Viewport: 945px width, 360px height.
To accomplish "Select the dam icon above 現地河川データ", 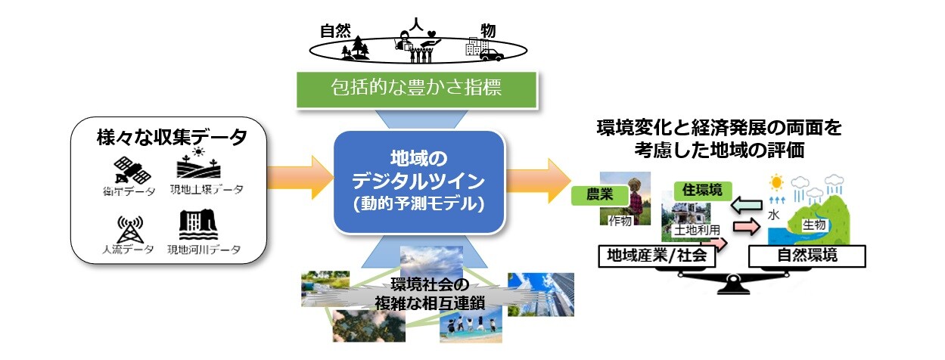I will [x=199, y=224].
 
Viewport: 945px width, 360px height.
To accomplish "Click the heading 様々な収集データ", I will [x=172, y=138].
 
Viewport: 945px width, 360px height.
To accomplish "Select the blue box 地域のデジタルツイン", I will [x=418, y=181].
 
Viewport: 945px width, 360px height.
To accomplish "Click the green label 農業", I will [x=599, y=195].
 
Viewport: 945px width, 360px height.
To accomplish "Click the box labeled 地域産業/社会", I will [x=657, y=256].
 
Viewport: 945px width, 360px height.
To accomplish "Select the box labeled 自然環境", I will [x=807, y=256].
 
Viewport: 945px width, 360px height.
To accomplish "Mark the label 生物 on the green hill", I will [x=813, y=225].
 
